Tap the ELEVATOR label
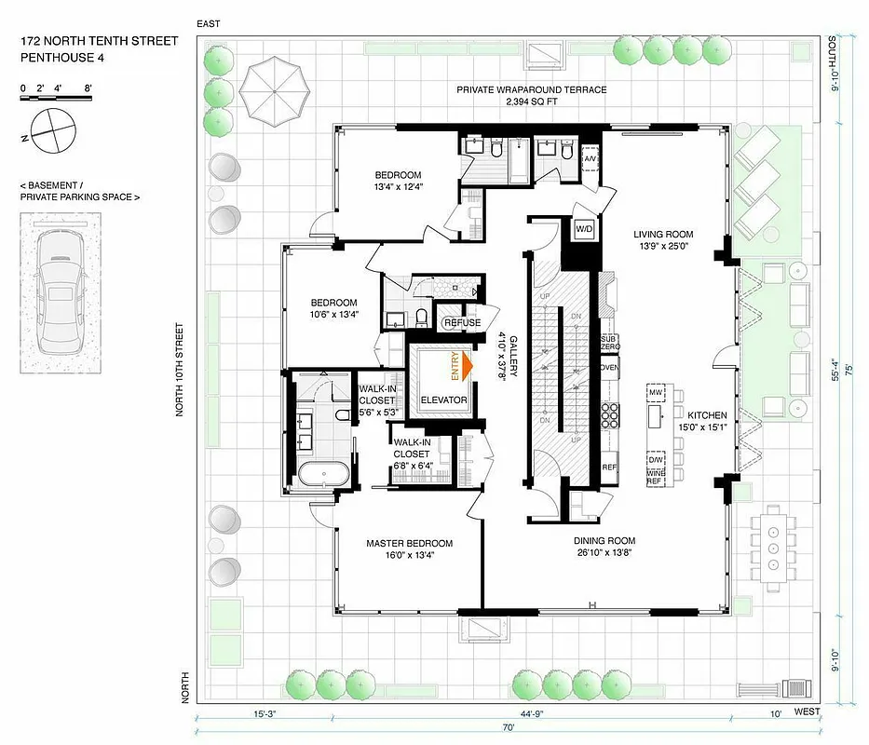point(442,400)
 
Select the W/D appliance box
point(585,228)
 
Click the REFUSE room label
point(463,323)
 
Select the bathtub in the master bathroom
point(323,472)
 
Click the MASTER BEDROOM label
point(409,544)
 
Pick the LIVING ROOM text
point(664,235)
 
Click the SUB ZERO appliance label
point(610,342)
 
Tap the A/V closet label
point(591,159)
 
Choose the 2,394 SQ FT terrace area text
point(531,104)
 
